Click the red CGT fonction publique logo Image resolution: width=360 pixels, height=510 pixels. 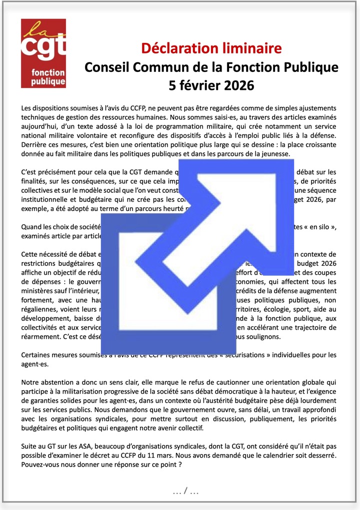point(43,53)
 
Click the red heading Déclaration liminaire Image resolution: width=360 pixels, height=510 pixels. point(211,48)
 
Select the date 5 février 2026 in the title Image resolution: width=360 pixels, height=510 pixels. point(211,84)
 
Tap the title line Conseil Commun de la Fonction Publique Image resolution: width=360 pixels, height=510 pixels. point(211,66)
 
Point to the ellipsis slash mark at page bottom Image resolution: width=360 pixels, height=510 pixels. point(185,492)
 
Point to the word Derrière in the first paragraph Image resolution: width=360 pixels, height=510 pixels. point(34,144)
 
